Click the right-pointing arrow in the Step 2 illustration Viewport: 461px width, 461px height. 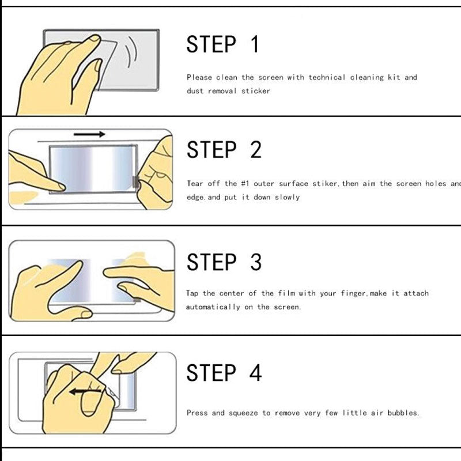tap(89, 134)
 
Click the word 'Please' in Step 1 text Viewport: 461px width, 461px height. tap(199, 77)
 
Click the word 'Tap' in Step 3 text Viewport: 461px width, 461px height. tap(192, 293)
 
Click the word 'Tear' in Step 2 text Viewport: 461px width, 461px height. tap(195, 184)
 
